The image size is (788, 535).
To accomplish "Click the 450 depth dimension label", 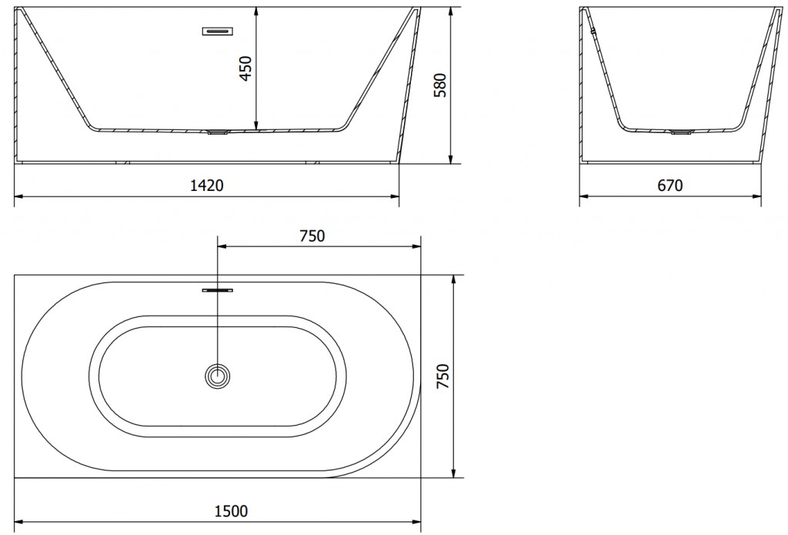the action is [245, 69].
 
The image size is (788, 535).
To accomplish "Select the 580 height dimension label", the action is [439, 85].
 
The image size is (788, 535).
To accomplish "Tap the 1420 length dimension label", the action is [206, 186].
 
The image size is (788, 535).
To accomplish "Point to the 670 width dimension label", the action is [670, 186].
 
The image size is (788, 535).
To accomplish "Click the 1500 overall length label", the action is [231, 511].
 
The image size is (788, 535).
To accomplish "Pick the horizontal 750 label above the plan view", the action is [312, 236].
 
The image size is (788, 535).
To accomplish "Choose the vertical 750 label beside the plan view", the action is [442, 376].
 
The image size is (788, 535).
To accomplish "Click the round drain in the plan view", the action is [218, 376].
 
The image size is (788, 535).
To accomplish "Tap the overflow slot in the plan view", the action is [218, 290].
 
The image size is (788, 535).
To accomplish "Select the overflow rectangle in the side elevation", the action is [218, 31].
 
